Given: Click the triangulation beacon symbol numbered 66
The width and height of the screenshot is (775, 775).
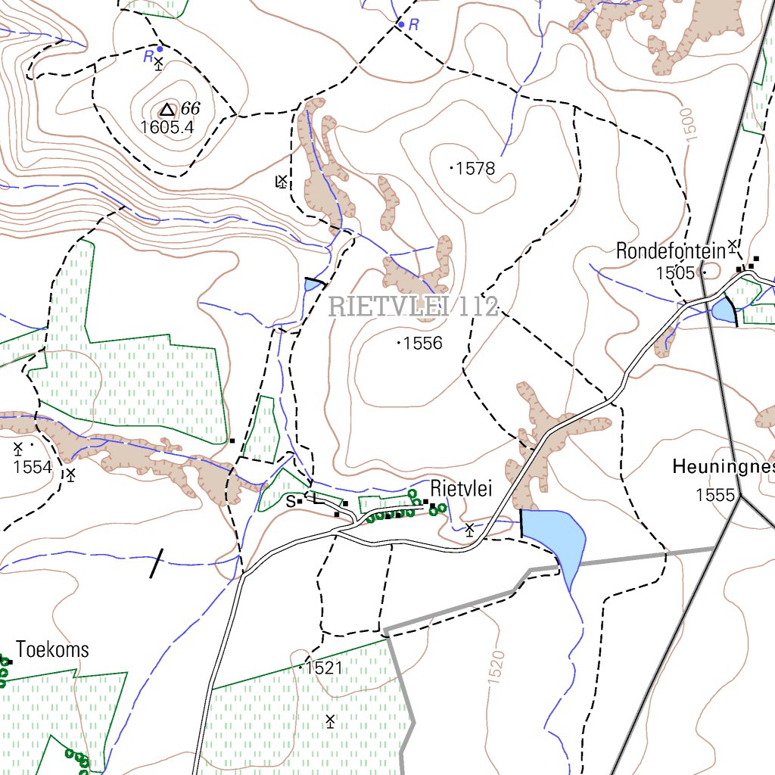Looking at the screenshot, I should click(167, 110).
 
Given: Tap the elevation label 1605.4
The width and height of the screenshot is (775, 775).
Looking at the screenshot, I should click(167, 127).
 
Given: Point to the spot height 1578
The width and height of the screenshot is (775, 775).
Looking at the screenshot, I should click(475, 168).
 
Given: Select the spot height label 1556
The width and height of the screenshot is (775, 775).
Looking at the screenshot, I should click(422, 344).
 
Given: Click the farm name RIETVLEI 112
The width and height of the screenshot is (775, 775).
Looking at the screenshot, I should click(413, 307).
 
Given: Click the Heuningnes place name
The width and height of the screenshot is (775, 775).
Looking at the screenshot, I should click(723, 468).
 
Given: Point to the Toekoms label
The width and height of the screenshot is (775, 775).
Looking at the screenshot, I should click(52, 649).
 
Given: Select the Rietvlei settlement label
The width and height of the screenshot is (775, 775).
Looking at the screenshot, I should click(462, 489).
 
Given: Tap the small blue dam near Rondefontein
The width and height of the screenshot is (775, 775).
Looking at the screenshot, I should click(723, 310).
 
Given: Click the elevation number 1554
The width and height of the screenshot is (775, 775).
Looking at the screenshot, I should click(33, 467).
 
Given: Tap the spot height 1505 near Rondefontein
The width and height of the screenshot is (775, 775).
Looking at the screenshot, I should click(675, 272).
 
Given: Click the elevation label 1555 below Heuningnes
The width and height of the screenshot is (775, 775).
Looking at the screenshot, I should click(716, 495).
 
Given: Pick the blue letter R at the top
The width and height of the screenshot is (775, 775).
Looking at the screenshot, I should click(413, 25).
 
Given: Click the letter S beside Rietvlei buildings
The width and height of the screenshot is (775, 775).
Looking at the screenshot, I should click(290, 501).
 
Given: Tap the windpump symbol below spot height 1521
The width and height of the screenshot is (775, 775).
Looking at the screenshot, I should click(330, 720).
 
